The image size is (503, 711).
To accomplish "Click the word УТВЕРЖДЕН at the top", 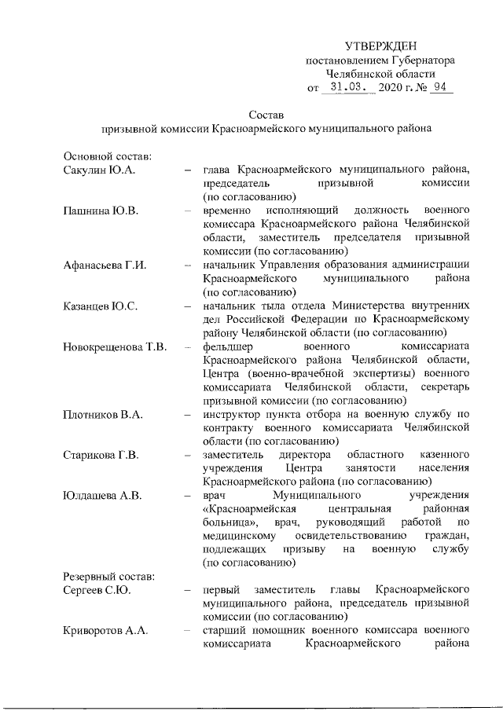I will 381,47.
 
